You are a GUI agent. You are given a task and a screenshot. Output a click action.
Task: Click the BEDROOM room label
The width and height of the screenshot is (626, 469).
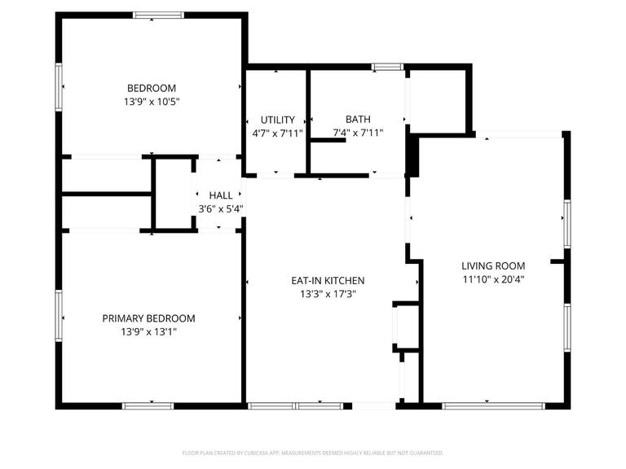(x=151, y=88)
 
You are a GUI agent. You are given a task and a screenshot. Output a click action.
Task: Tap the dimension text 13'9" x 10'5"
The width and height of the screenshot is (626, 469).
(x=151, y=102)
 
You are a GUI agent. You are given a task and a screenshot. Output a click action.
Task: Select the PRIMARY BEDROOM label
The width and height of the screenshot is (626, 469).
(x=148, y=318)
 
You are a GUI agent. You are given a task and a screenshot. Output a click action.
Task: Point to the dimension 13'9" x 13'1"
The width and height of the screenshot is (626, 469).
(x=148, y=331)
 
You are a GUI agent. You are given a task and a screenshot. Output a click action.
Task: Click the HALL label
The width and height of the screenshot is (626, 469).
(x=220, y=195)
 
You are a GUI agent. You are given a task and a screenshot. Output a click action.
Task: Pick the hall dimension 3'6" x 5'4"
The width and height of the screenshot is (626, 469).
(x=220, y=208)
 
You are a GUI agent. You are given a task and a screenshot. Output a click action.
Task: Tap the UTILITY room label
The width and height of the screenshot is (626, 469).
(x=277, y=120)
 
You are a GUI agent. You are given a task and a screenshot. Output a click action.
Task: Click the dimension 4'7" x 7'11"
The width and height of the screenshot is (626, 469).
(x=277, y=133)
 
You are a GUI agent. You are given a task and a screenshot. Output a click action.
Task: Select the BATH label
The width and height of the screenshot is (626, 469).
(x=358, y=119)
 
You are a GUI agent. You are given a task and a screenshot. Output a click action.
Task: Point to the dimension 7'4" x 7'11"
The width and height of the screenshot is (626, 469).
(x=358, y=133)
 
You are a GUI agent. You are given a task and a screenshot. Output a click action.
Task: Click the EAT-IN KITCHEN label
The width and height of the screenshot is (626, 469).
(x=328, y=280)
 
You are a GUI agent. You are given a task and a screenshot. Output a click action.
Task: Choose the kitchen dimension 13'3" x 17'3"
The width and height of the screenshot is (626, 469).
(x=328, y=294)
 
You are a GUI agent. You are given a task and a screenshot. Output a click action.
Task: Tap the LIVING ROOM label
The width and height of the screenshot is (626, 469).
(x=493, y=265)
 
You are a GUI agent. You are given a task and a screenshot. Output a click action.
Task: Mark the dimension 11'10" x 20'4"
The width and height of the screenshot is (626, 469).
(x=493, y=279)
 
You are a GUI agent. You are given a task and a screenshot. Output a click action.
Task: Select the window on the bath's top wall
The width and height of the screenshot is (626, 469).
(x=387, y=66)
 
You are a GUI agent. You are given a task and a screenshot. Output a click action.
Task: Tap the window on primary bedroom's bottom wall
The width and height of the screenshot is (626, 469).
(x=148, y=405)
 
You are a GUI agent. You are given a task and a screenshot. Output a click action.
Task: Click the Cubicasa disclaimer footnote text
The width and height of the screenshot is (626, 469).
(x=313, y=452)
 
